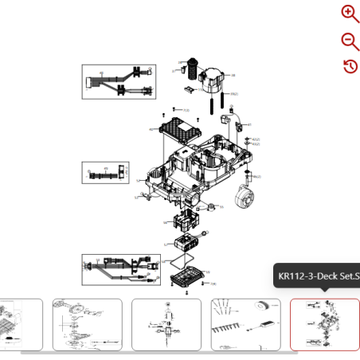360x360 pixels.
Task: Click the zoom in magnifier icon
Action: click(x=350, y=14)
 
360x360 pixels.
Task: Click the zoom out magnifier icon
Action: click(x=350, y=41)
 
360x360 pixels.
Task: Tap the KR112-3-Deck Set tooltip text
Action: click(x=317, y=277)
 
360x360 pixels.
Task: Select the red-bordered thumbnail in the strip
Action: click(x=324, y=324)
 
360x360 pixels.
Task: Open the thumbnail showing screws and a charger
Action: click(x=245, y=324)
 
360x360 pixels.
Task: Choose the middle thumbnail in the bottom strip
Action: click(x=166, y=324)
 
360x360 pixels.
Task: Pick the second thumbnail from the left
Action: click(x=88, y=324)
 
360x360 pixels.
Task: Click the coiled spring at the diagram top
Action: click(x=192, y=68)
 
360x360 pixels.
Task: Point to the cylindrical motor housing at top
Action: click(x=215, y=76)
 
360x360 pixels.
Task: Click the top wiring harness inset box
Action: click(x=119, y=82)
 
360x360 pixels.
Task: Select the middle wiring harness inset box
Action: click(x=105, y=172)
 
